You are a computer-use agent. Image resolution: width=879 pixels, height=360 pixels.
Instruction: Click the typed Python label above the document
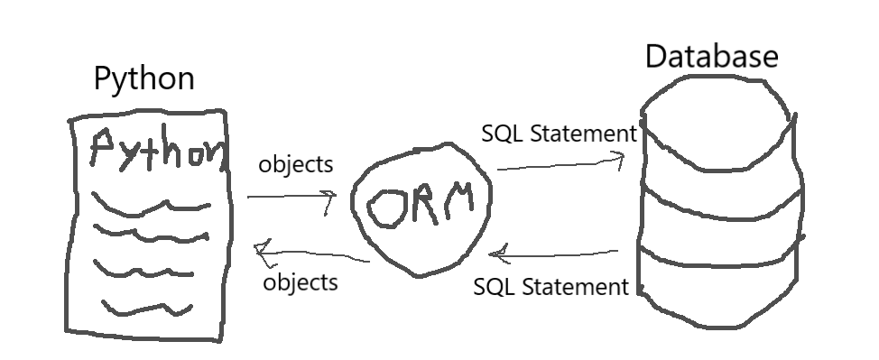coord(144,78)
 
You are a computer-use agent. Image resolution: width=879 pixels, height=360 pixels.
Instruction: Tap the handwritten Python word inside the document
coord(160,150)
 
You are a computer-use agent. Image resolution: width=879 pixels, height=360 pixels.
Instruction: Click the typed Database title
coord(712,57)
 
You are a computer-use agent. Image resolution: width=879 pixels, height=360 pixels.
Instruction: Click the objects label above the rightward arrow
coord(296,164)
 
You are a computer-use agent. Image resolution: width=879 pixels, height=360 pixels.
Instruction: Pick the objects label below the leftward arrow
coord(301,282)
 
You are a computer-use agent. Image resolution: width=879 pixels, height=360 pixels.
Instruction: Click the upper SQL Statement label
coord(559,134)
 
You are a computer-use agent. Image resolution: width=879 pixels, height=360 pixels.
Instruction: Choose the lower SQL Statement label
coord(551,287)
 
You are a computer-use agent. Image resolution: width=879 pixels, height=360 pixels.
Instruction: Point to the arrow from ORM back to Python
coord(311,254)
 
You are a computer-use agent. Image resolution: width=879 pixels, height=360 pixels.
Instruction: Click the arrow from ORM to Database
coord(560,163)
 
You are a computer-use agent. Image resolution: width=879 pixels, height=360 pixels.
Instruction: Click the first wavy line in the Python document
coord(150,206)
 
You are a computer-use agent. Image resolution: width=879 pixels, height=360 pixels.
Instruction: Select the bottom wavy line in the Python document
coord(147,309)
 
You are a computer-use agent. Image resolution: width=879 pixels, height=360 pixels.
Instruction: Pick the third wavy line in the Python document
coord(143,272)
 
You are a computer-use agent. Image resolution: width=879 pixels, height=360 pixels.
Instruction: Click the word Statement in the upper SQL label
coord(584,134)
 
